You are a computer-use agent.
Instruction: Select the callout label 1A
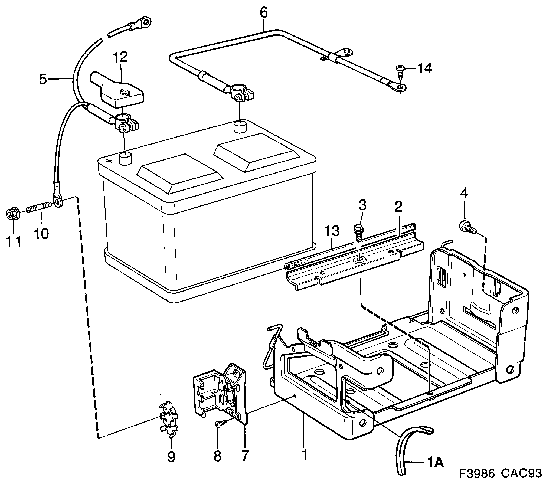click(x=434, y=463)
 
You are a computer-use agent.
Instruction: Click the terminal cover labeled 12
click(x=118, y=92)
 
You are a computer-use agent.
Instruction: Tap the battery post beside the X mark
click(x=125, y=158)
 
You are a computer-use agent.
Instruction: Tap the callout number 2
click(x=398, y=207)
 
